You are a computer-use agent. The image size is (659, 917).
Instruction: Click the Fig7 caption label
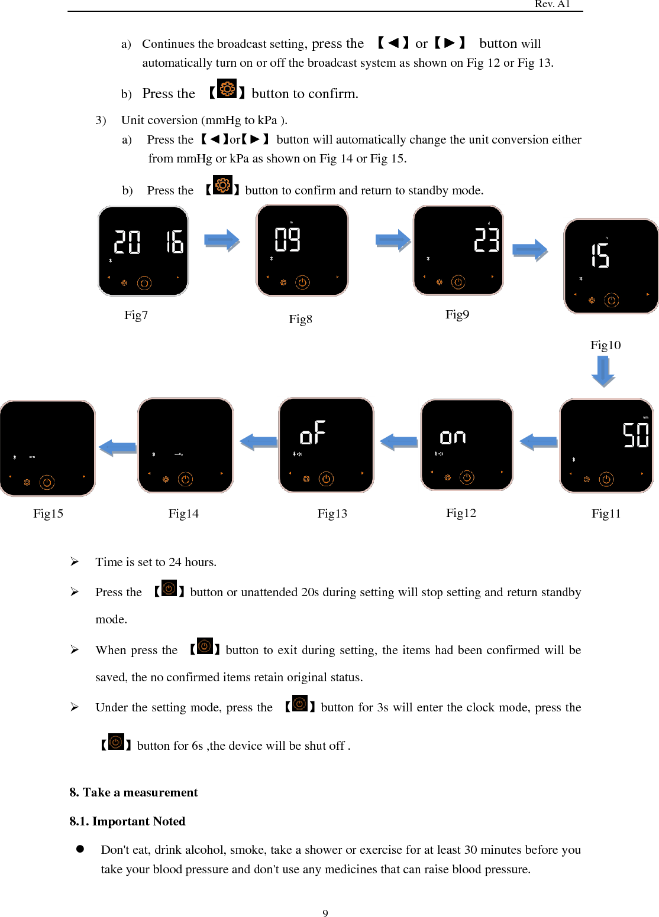(x=136, y=315)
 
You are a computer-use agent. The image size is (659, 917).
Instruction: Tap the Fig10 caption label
(x=605, y=345)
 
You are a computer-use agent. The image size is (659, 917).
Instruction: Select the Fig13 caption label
(x=332, y=513)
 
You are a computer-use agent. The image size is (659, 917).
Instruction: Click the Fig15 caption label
(x=48, y=513)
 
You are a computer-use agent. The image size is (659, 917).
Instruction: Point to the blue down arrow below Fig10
(x=603, y=372)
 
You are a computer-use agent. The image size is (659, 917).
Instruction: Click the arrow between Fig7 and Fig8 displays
(x=222, y=240)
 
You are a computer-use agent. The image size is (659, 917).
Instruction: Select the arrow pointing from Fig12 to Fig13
(x=399, y=441)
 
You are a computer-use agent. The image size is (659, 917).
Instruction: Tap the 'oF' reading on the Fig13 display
(x=313, y=433)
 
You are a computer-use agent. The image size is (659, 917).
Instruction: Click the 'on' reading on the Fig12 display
(x=453, y=437)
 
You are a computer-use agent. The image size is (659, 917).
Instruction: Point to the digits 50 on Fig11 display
(x=636, y=435)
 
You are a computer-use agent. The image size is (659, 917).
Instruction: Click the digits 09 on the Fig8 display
(x=287, y=240)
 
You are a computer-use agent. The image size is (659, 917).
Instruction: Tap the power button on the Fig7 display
(x=144, y=283)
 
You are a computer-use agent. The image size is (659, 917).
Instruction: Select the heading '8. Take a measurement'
(x=134, y=792)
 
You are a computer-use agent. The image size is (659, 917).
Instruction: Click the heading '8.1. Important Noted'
(x=127, y=821)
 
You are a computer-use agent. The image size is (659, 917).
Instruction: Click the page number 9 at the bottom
(x=325, y=913)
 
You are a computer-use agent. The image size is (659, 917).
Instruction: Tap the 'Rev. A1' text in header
(x=552, y=4)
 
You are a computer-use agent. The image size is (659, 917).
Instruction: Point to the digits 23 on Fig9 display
(x=486, y=240)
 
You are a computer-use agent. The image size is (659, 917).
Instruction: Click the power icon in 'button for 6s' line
(x=116, y=742)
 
